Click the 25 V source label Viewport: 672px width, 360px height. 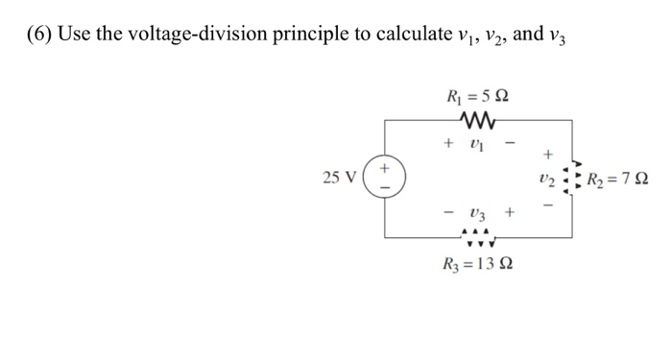(x=343, y=178)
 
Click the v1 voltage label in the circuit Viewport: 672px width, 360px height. (x=479, y=143)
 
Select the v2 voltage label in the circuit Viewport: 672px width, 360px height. (x=547, y=179)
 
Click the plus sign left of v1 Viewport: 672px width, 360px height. (x=447, y=142)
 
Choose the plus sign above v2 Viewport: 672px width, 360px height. (x=548, y=154)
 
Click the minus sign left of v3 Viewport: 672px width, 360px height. (x=447, y=211)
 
